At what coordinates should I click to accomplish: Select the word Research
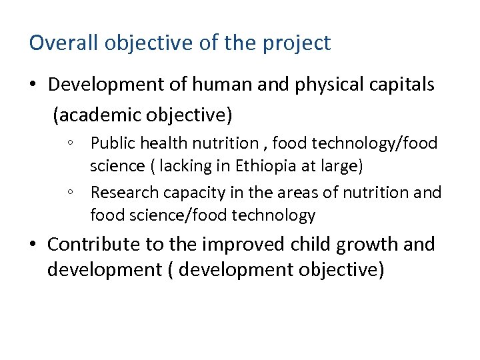tap(120, 193)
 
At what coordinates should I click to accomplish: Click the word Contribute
tap(95, 245)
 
